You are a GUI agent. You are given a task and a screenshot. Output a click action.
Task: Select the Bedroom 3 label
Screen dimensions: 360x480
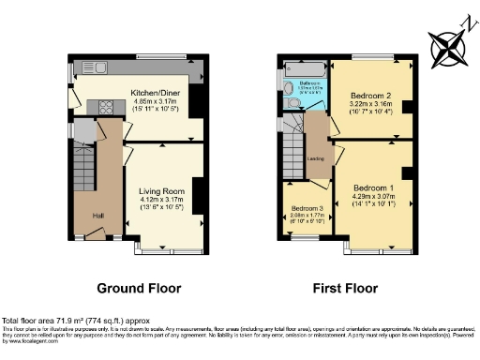pyautogui.click(x=307, y=208)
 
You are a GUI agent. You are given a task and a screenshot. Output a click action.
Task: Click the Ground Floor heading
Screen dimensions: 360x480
pyautogui.click(x=140, y=288)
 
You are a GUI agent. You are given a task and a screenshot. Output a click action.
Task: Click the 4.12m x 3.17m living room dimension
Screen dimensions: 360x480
pyautogui.click(x=160, y=199)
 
